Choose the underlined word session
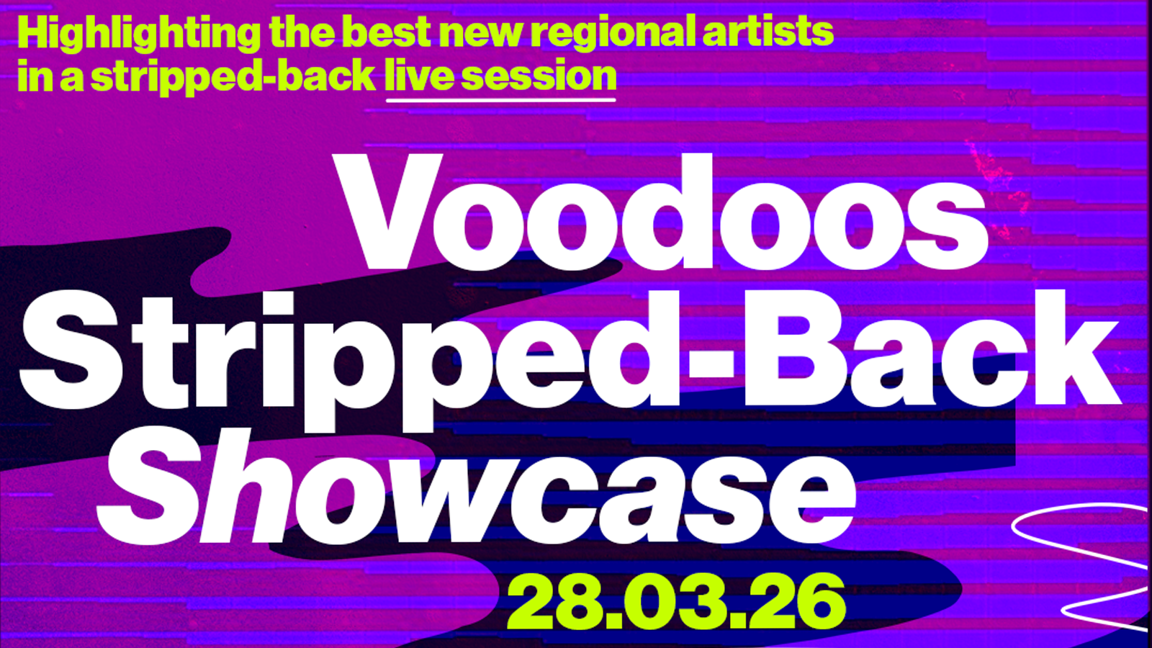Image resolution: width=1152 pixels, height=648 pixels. point(539,76)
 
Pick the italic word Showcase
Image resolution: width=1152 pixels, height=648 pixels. point(475,490)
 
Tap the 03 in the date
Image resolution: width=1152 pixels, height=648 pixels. point(674,603)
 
